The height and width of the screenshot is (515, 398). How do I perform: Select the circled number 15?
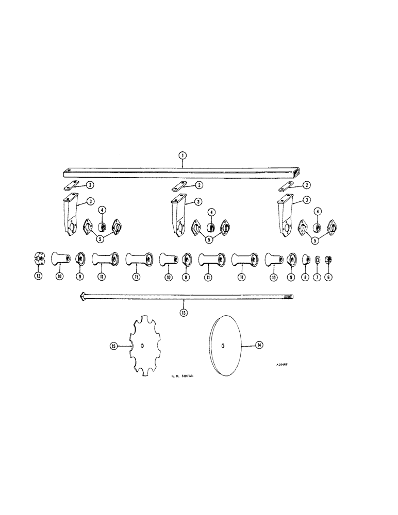pyautogui.click(x=114, y=347)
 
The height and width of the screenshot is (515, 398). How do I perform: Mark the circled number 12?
pyautogui.click(x=38, y=276)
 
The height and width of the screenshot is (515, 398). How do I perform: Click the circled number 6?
pyautogui.click(x=328, y=276)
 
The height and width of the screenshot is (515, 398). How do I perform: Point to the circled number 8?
pyautogui.click(x=306, y=276)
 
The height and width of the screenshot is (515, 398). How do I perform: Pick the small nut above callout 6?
pyautogui.click(x=328, y=258)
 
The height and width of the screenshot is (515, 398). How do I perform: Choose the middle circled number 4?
pyautogui.click(x=211, y=212)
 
